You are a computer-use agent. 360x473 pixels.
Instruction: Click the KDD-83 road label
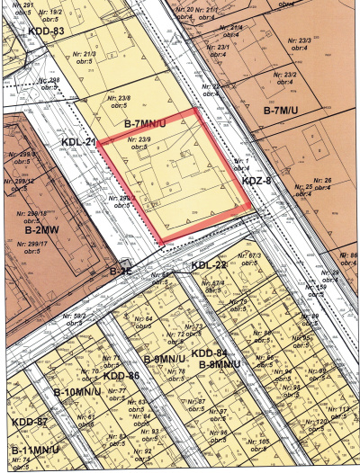47,31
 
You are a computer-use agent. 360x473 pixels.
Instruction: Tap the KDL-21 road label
79,142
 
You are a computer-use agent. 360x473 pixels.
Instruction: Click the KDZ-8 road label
257,182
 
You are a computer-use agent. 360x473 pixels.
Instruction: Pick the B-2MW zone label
36,229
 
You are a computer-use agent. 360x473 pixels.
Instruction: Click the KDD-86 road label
121,375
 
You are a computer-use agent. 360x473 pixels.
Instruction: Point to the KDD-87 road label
29,421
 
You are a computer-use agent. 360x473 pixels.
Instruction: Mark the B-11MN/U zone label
35,449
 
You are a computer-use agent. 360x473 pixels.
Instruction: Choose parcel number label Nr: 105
258,442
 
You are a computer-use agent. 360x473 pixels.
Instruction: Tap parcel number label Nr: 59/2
85,316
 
